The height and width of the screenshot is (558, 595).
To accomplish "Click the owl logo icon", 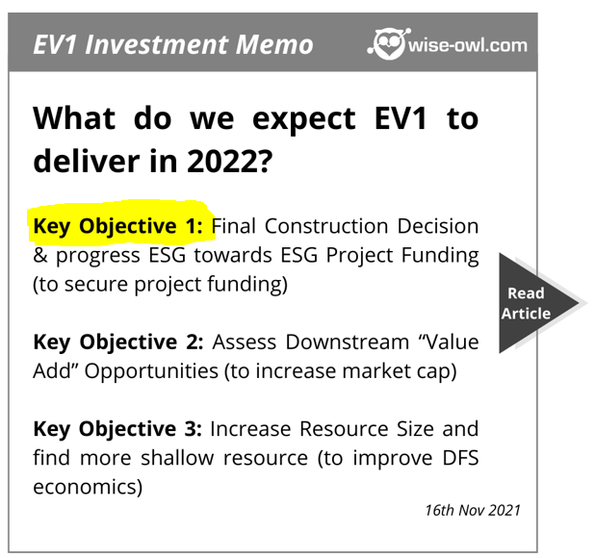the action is [389, 43].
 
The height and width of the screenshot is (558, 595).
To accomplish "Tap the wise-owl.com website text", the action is [468, 45].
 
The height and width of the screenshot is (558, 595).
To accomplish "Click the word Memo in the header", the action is [274, 44].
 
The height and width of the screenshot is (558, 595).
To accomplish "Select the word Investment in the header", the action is [157, 44].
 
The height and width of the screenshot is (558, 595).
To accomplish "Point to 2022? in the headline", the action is [229, 161].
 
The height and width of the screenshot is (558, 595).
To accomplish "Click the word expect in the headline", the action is [304, 120].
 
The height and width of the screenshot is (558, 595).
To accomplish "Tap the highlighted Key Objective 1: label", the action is [118, 226].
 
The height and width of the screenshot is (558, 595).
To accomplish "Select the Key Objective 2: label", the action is [118, 342].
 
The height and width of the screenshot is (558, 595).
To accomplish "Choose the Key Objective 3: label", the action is [117, 429].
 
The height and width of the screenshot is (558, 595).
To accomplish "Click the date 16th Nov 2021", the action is [473, 510].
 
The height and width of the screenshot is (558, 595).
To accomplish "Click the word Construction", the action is [326, 226].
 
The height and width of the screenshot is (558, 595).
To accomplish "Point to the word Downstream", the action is [348, 342].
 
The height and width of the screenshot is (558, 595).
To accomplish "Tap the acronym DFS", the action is [460, 458].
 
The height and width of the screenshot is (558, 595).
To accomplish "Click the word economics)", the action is [88, 487].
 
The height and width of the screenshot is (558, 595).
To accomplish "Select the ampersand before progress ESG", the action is [40, 255].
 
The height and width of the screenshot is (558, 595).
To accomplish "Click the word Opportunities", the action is [151, 371].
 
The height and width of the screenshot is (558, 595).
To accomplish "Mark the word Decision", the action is [438, 226].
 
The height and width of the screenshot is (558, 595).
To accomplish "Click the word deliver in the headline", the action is [87, 161].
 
